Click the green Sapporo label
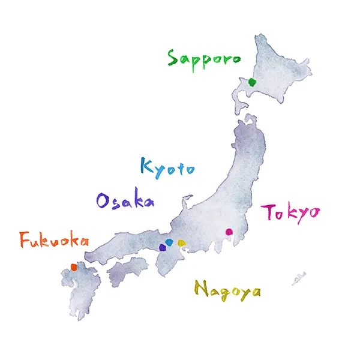[x=204, y=59]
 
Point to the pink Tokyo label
[x=290, y=214]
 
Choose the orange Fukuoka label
[x=54, y=242]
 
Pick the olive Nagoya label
[x=227, y=291]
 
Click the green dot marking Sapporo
[x=253, y=82]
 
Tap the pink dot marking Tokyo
[x=229, y=232]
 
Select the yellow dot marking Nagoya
[x=181, y=243]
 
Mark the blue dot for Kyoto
[x=170, y=242]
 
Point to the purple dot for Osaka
[x=163, y=246]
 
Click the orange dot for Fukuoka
[x=74, y=267]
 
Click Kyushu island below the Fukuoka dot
[x=81, y=294]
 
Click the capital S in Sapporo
[x=173, y=59]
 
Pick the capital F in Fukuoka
[x=25, y=240]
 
